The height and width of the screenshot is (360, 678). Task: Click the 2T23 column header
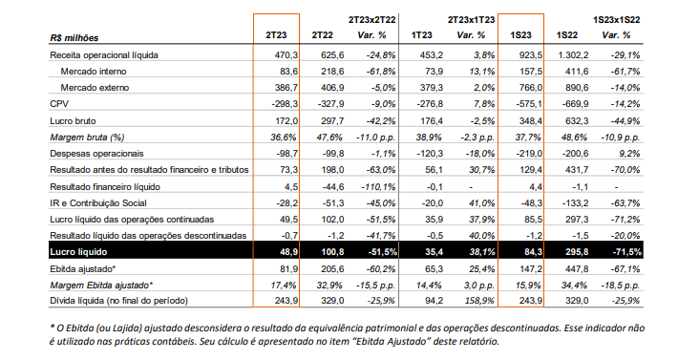pyautogui.click(x=276, y=35)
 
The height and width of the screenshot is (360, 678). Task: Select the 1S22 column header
pyautogui.click(x=567, y=35)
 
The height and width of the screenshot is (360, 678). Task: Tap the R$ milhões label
pyautogui.click(x=74, y=38)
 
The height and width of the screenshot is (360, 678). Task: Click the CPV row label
pyautogui.click(x=59, y=104)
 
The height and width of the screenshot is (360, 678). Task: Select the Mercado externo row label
pyautogui.click(x=95, y=88)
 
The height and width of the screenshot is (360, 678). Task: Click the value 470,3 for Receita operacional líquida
pyautogui.click(x=286, y=54)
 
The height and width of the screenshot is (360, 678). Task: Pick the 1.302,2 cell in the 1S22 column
pyautogui.click(x=573, y=54)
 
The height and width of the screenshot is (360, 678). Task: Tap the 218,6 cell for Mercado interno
pyautogui.click(x=332, y=72)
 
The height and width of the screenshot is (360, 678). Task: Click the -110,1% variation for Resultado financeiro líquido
pyautogui.click(x=378, y=187)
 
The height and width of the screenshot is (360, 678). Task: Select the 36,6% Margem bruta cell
pyautogui.click(x=284, y=138)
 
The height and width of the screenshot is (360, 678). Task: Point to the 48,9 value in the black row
pyautogui.click(x=288, y=252)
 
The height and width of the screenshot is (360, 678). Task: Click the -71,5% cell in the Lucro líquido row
pyautogui.click(x=627, y=252)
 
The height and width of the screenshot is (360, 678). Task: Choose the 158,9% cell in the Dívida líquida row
pyautogui.click(x=479, y=301)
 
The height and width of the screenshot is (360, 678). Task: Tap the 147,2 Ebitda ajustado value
pyautogui.click(x=531, y=269)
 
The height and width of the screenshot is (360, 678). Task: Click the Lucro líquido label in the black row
pyautogui.click(x=78, y=252)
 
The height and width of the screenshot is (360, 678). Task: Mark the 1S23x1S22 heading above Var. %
pyautogui.click(x=616, y=19)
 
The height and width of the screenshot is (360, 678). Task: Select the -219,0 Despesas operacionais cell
pyautogui.click(x=529, y=154)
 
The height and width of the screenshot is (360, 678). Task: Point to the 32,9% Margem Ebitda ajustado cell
pyautogui.click(x=329, y=286)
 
